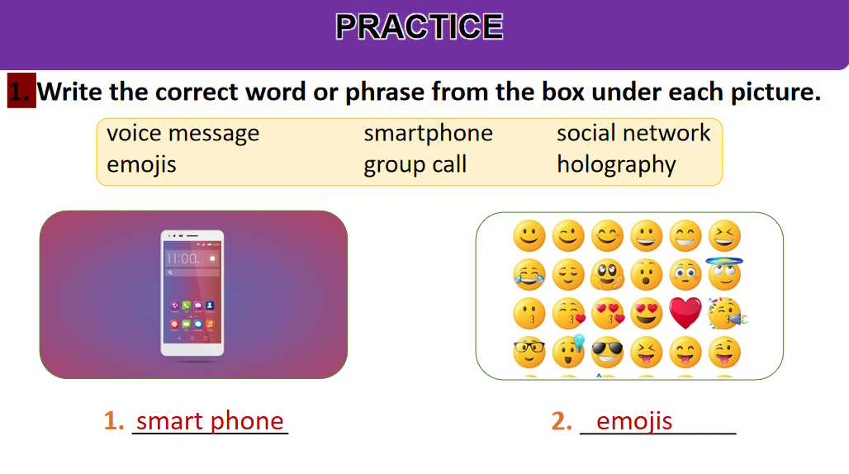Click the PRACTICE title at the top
coord(420,26)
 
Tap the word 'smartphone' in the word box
coord(429,134)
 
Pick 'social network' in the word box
coord(633,133)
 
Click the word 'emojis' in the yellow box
coord(141,164)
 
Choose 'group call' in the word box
coord(415,164)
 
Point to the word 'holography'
coord(617,164)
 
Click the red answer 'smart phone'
coord(210,421)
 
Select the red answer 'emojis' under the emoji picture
coord(634,421)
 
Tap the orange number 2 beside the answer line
coord(562,421)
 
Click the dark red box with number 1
coord(21,90)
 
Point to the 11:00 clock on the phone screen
coord(183,258)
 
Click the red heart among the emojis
coord(685,313)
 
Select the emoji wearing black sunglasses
coord(607,353)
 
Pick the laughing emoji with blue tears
coord(529,274)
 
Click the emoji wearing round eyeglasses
coord(529,353)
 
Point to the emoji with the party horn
coord(727,313)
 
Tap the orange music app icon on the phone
coord(210,324)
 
